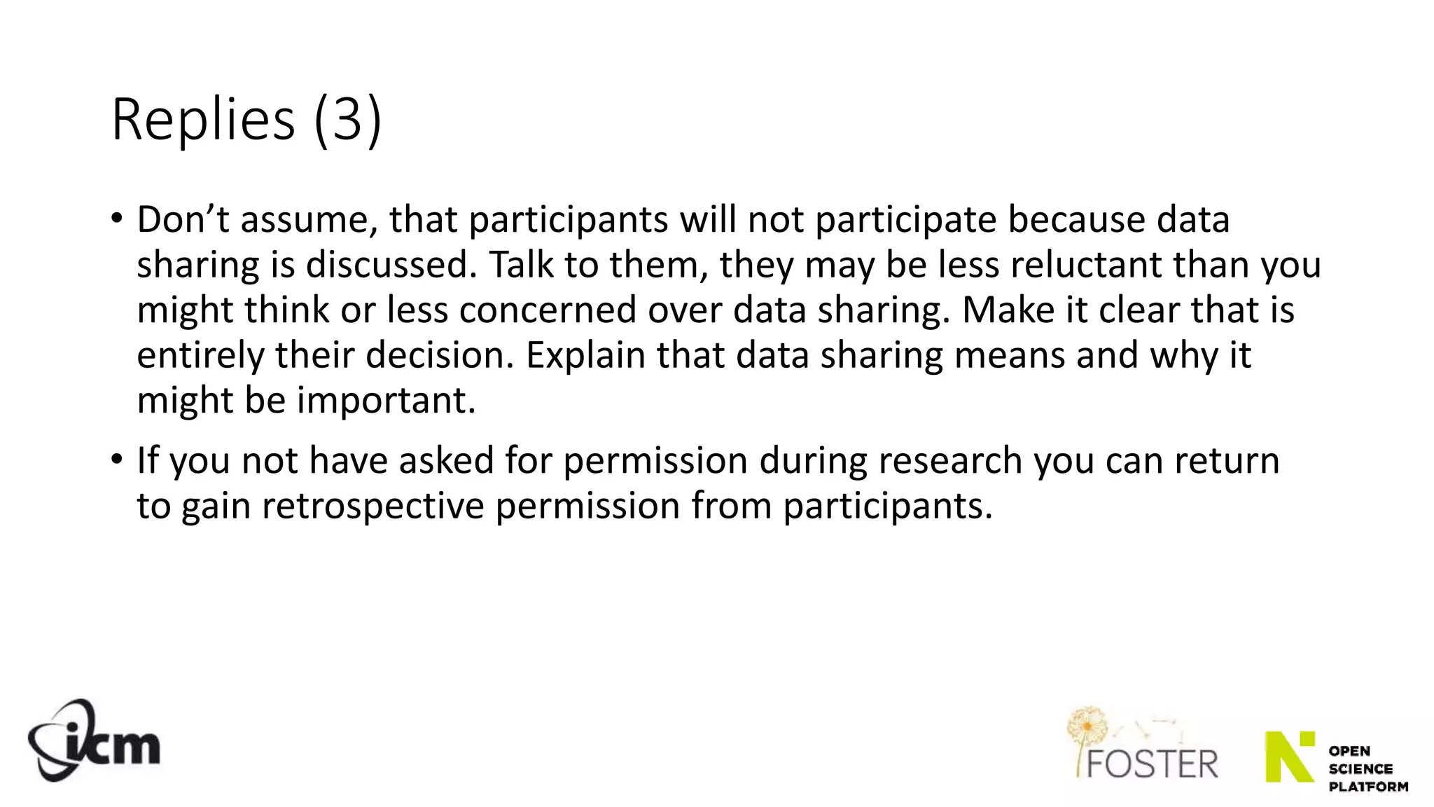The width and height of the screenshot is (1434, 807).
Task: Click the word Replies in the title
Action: (x=203, y=120)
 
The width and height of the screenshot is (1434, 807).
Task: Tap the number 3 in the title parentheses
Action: (x=347, y=120)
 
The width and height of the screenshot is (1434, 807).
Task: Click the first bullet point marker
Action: (x=117, y=218)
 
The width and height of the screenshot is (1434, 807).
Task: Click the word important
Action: (x=386, y=401)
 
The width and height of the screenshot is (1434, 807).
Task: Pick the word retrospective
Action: (x=373, y=506)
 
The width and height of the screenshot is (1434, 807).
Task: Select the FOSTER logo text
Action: (x=1152, y=764)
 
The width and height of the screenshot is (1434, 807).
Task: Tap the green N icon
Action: (x=1289, y=757)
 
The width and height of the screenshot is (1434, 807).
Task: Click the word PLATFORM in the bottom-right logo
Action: (x=1368, y=787)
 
